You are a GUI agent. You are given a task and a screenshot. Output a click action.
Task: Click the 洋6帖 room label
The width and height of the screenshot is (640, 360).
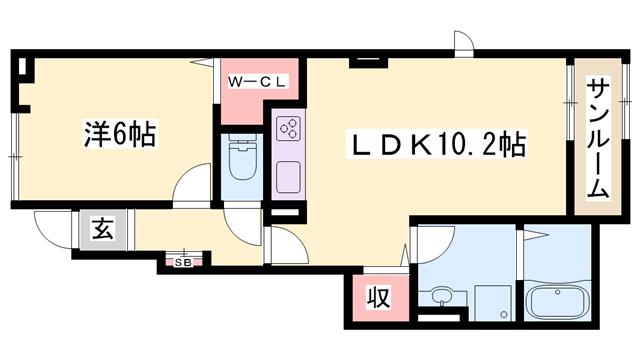117,134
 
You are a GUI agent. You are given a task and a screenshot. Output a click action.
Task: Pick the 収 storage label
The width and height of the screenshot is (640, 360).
376,297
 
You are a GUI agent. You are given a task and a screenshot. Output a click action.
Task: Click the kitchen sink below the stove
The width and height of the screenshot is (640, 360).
289,176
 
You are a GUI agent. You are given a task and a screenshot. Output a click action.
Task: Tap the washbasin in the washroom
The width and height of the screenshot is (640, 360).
440,298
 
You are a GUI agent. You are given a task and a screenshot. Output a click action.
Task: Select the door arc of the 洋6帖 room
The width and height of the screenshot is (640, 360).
189,186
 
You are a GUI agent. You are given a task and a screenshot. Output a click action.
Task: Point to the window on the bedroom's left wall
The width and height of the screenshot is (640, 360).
14,149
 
